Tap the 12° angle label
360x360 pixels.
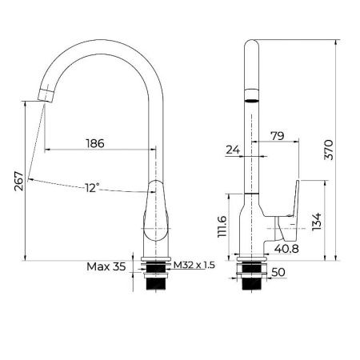(x=93, y=188)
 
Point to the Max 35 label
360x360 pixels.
(x=106, y=266)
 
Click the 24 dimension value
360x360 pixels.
(x=233, y=149)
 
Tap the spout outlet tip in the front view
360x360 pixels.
(x=47, y=96)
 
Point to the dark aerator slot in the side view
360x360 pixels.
(x=251, y=102)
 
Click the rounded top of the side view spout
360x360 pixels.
(x=251, y=46)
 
